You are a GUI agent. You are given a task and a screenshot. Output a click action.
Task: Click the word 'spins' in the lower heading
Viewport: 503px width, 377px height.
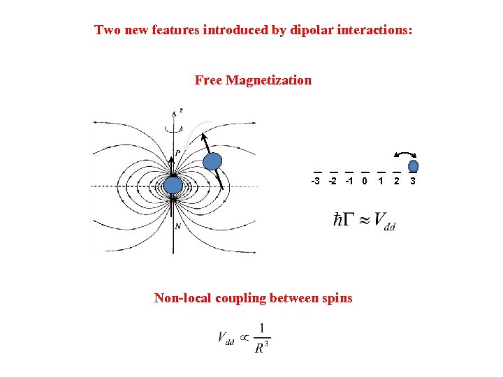[x=337, y=298]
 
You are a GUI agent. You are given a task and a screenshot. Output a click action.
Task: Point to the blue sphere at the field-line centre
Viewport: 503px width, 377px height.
[x=173, y=185]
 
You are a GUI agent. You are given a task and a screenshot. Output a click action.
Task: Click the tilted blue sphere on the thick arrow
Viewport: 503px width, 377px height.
[x=212, y=162]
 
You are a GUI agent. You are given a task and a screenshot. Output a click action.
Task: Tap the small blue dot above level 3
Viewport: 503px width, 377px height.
[x=414, y=166]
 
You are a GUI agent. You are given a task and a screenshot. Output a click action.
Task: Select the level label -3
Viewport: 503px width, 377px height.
[x=316, y=182]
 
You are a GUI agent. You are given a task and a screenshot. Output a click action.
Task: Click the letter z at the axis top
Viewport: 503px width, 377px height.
[x=181, y=110]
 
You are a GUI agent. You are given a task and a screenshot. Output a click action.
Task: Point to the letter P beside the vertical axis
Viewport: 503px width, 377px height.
[x=178, y=153]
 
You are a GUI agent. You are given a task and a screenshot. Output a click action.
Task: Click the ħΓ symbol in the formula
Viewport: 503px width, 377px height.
[x=343, y=220]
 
